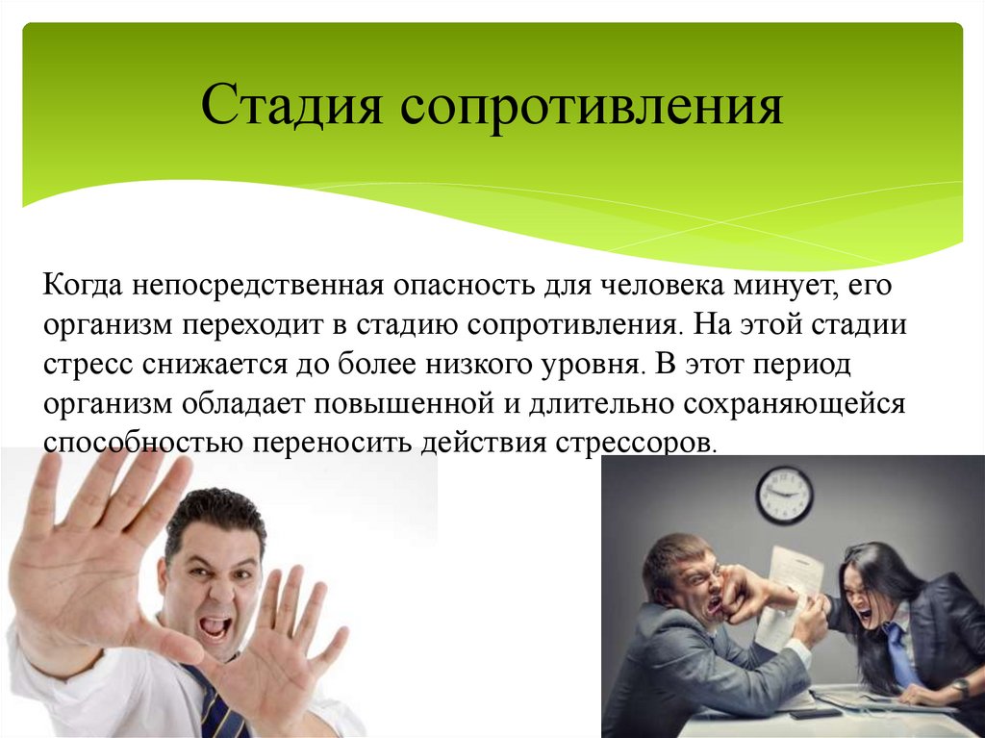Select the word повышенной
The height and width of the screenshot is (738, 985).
click(401, 403)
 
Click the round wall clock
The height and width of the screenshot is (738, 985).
click(784, 495)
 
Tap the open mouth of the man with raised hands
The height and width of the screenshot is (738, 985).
click(215, 627)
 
